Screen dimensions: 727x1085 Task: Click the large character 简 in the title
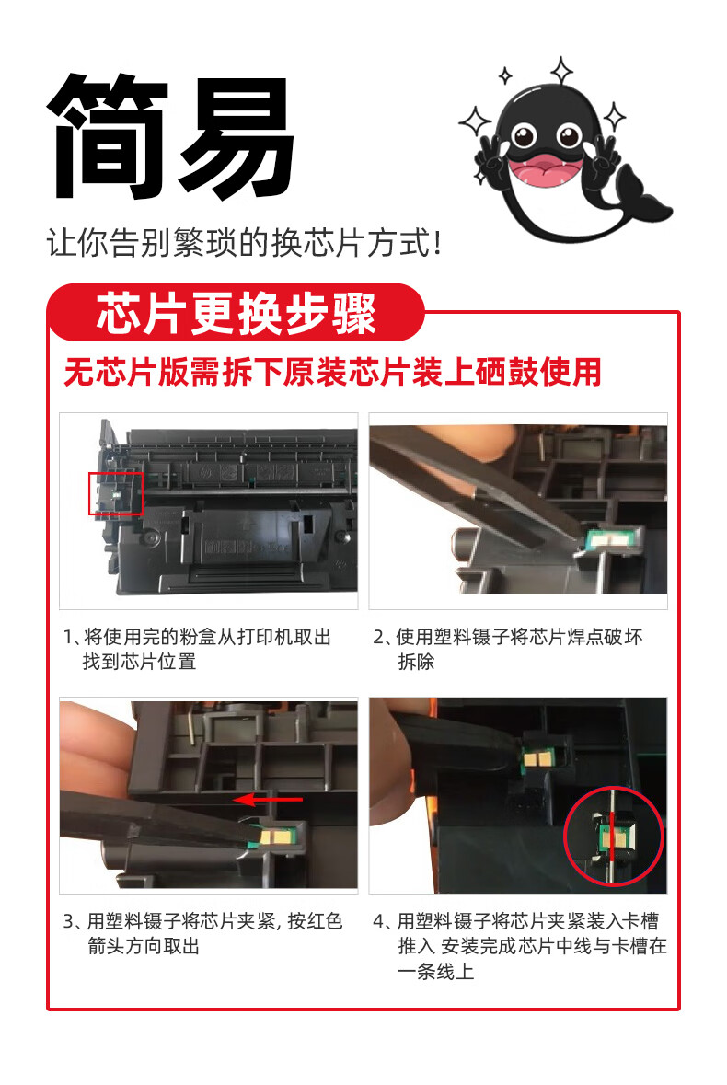(108, 135)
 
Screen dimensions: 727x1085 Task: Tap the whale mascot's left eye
(525, 134)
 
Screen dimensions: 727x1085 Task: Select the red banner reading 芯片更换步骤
(236, 313)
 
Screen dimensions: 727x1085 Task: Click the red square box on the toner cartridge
(116, 494)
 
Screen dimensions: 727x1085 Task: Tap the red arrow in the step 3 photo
(268, 800)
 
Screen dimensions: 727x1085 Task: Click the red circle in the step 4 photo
(614, 836)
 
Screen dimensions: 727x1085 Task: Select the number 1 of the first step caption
(68, 638)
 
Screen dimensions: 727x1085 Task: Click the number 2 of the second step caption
(378, 638)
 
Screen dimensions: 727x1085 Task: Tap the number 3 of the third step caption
(68, 921)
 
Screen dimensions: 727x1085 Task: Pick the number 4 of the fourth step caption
(379, 921)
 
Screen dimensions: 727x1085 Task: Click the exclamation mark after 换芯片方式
(436, 244)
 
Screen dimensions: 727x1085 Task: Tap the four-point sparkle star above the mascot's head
(561, 71)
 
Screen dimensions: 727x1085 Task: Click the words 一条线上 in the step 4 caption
(436, 972)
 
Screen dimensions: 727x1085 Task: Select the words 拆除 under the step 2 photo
(416, 662)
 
